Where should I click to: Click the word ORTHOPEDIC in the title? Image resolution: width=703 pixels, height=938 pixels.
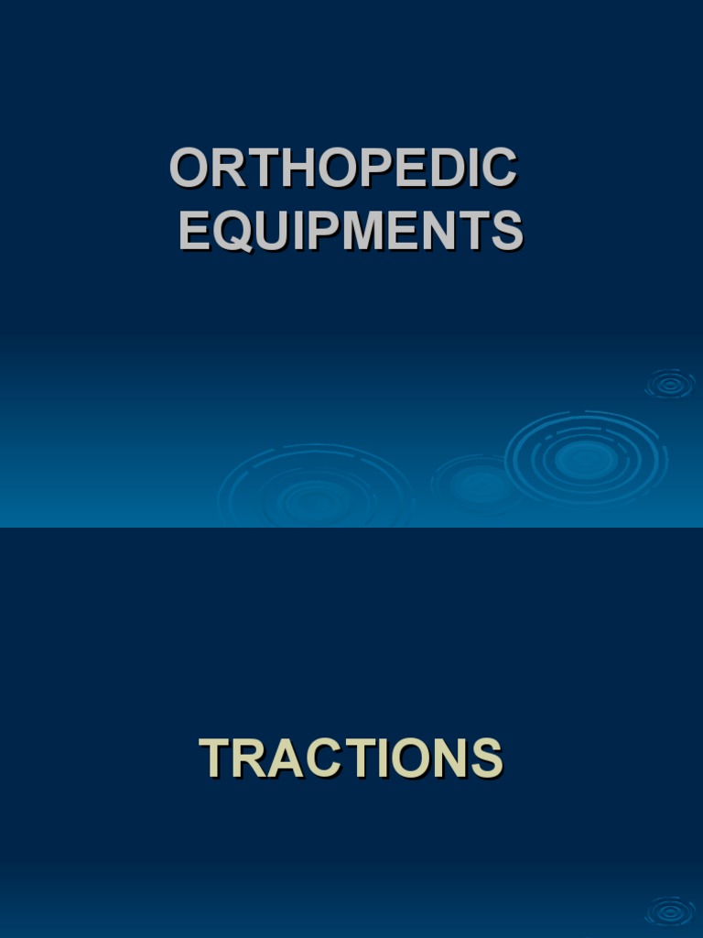pos(343,169)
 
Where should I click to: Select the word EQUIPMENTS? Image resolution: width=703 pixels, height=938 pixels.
pos(351,231)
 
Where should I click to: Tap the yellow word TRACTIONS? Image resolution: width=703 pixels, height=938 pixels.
pos(351,758)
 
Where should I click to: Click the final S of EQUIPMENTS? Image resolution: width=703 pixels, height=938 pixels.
pos(506,231)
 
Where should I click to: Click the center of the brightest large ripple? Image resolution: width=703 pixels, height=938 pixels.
pos(586,457)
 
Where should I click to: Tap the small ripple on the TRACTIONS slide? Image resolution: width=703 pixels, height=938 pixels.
pos(670,912)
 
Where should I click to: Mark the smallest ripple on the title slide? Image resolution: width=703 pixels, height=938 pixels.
pos(670,385)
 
